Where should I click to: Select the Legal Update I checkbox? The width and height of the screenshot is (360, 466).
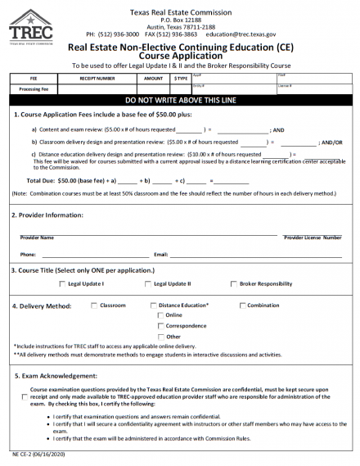[62, 283]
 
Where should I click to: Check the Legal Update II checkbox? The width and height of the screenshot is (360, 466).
[147, 283]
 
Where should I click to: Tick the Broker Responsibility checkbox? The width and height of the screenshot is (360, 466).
[234, 283]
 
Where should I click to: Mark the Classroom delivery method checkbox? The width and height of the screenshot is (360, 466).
[93, 305]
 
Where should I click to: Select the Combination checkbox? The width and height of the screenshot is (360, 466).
[242, 305]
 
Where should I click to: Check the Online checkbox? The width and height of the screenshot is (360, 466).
[160, 315]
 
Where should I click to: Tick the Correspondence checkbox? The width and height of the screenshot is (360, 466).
[160, 326]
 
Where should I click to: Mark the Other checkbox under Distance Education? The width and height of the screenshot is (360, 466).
[160, 337]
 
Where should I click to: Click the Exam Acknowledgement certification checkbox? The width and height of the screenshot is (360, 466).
[24, 396]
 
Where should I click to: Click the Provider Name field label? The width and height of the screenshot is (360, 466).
[37, 238]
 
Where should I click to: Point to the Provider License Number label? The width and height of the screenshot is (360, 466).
[313, 238]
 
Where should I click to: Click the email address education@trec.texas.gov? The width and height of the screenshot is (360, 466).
[244, 35]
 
